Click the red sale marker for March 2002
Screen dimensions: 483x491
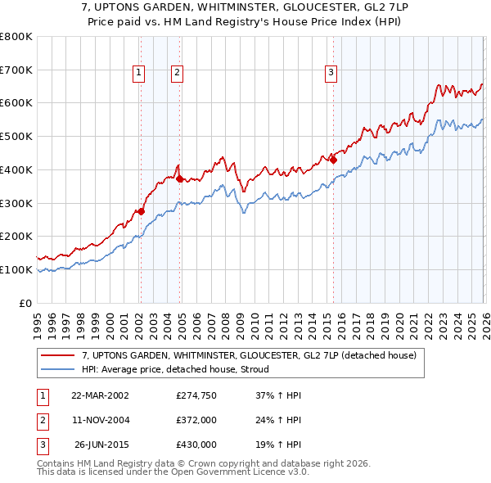point(141,211)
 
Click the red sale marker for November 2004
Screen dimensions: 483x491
point(179,178)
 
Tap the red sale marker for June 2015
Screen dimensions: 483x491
point(333,160)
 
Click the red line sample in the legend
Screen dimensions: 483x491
point(57,355)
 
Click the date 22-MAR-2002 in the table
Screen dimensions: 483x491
point(100,395)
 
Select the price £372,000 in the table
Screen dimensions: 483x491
point(196,420)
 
